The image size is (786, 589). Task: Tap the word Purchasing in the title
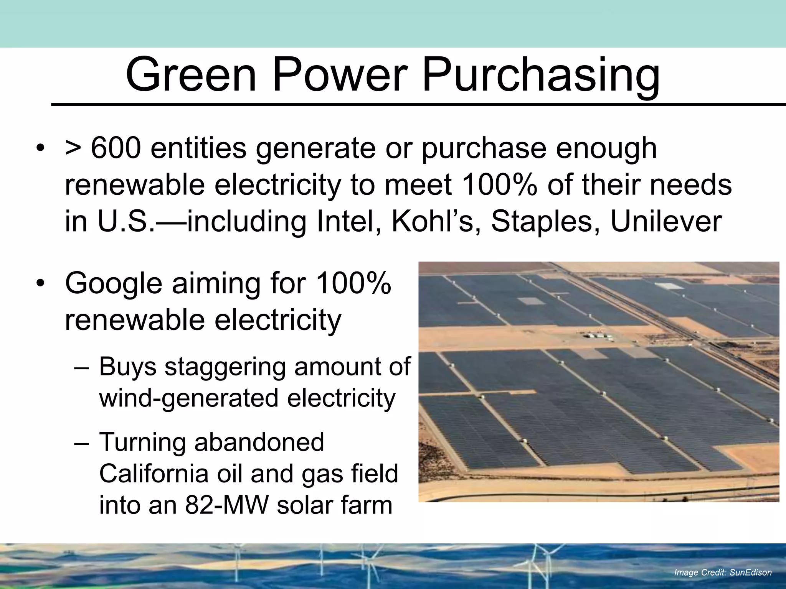point(541,75)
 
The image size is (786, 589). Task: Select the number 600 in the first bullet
point(116,148)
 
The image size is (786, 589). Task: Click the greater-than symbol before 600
point(73,149)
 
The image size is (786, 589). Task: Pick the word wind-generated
point(188,399)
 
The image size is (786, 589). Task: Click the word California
point(154,474)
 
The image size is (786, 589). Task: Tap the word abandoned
point(259,442)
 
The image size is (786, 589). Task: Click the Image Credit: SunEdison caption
point(723,573)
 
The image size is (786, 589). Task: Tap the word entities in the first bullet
point(198,148)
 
